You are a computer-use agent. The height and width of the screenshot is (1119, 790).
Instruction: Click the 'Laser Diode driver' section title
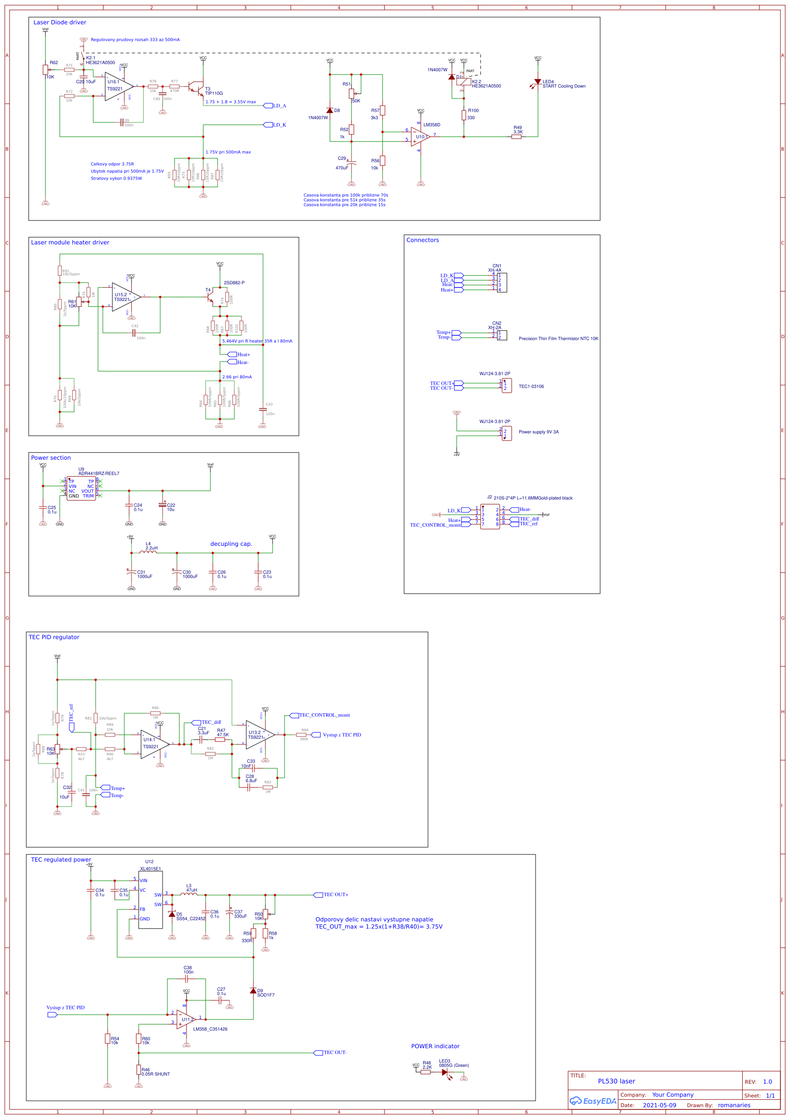click(x=59, y=22)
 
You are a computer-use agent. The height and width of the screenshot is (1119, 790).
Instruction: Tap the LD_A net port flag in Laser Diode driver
click(x=268, y=106)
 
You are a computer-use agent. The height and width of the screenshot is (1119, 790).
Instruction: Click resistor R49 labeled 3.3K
click(x=517, y=137)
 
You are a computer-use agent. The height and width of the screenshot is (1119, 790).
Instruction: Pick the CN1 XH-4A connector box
click(x=502, y=283)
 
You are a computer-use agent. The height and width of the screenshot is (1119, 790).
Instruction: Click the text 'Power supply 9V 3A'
click(x=538, y=432)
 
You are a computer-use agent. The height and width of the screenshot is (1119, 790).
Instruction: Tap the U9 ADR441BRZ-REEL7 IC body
click(x=81, y=488)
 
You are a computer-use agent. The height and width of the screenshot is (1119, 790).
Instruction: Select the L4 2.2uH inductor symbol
click(x=148, y=552)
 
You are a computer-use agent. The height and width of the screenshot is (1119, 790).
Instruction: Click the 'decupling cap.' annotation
click(x=231, y=544)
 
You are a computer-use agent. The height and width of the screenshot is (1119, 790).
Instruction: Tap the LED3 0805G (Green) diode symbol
click(x=445, y=1072)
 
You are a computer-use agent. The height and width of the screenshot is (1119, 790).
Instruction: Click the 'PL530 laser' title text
click(x=616, y=1081)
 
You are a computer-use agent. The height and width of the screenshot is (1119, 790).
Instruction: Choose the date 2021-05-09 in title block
click(x=659, y=1105)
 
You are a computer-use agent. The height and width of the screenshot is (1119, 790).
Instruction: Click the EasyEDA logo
click(x=593, y=1101)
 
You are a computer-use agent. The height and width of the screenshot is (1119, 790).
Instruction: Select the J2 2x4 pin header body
click(x=490, y=517)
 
